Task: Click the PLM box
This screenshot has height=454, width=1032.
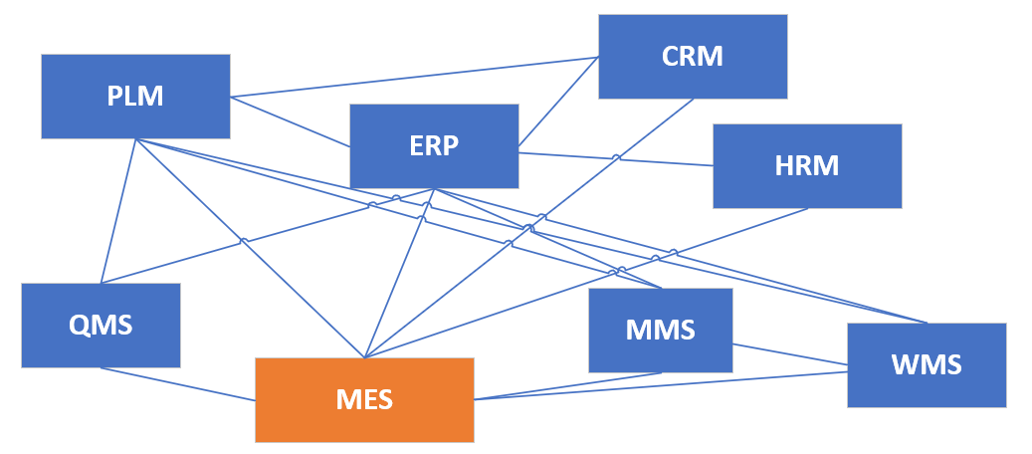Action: tap(135, 97)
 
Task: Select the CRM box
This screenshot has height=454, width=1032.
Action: tap(693, 57)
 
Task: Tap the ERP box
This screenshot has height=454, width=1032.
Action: tap(434, 145)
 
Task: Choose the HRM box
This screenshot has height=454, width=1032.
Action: tap(807, 165)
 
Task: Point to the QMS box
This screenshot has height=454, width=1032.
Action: tap(101, 325)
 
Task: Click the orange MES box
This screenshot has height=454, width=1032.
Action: tap(364, 399)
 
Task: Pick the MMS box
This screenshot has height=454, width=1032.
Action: tap(660, 330)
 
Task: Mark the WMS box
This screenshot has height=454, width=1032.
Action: tap(927, 364)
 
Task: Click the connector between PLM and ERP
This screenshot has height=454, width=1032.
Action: tap(290, 121)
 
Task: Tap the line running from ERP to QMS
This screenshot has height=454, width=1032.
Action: tap(249, 240)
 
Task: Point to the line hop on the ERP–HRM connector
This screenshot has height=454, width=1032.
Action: tap(616, 157)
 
